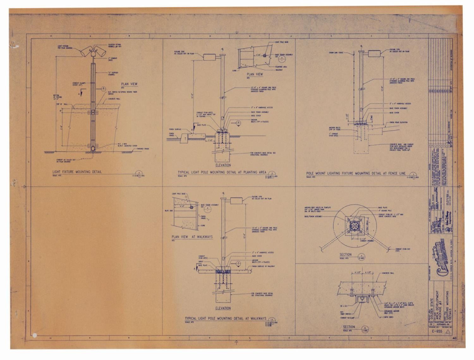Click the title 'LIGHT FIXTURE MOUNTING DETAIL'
(x=77, y=172)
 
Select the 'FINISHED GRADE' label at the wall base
(x=143, y=149)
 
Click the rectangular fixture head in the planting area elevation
(x=209, y=57)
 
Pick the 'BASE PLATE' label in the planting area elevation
(x=201, y=125)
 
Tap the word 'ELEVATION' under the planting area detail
(x=223, y=165)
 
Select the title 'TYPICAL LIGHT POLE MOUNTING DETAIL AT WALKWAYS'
(x=225, y=319)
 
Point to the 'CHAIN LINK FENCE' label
(x=336, y=53)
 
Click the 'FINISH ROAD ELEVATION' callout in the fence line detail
(x=398, y=122)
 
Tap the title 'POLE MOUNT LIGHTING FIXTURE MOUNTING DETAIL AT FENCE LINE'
(x=355, y=173)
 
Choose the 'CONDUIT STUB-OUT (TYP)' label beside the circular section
(x=403, y=250)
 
